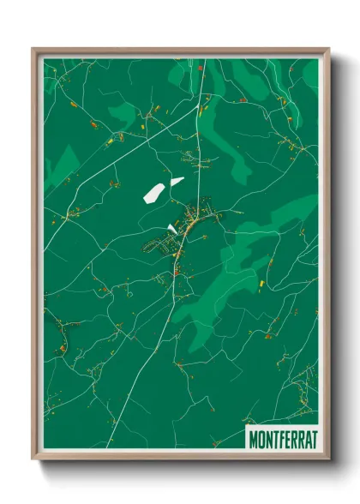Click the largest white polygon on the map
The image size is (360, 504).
[x=154, y=193]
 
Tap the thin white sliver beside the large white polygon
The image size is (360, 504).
[x=177, y=181]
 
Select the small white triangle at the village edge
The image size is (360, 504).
[x=172, y=229]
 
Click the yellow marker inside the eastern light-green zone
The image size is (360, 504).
[x=260, y=280]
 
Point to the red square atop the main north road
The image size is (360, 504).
[x=201, y=66]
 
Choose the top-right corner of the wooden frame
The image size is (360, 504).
[x=328, y=50]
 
